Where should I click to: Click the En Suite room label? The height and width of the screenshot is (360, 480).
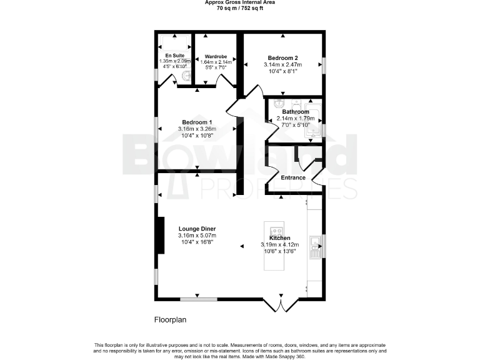pos(166,56)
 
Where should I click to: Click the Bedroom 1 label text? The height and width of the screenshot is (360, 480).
pos(197,122)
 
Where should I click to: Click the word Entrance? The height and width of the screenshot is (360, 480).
pos(292,177)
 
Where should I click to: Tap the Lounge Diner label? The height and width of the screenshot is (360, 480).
pos(197,228)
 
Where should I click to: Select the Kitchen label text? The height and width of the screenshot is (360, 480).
pos(280,238)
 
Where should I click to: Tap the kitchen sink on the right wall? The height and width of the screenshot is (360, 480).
pos(316,247)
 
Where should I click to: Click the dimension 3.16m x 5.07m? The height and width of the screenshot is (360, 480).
pos(197,236)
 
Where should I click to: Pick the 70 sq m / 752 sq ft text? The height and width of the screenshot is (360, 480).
pos(240,9)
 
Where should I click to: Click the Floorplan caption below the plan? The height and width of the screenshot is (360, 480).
pos(170,320)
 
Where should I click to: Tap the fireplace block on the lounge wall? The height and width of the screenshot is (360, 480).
pos(160,235)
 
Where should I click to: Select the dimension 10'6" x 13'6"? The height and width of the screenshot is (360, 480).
pos(280,252)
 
